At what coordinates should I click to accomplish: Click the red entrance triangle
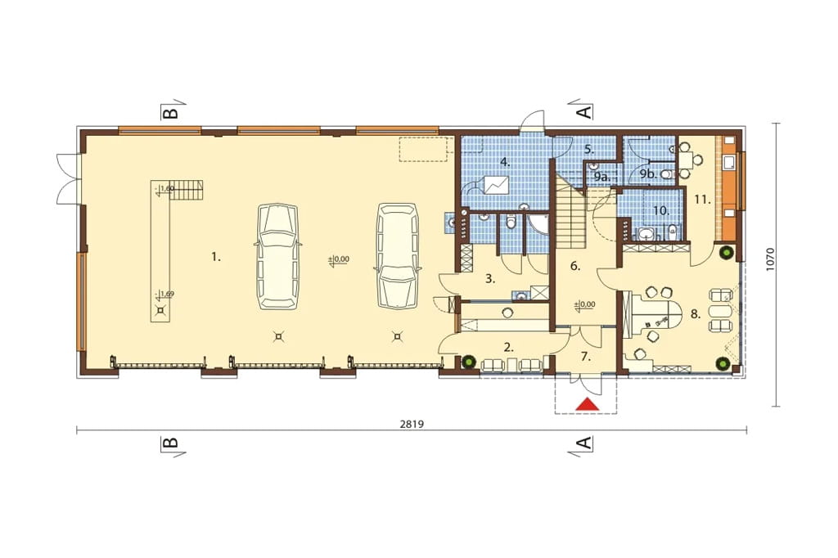(586, 405)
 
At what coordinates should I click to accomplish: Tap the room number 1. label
(215, 257)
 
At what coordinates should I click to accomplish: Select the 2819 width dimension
(412, 425)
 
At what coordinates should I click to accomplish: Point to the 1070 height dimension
(769, 259)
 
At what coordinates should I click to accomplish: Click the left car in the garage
(277, 256)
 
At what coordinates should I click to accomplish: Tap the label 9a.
(601, 177)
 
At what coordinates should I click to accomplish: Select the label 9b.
(648, 173)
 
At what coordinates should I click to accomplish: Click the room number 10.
(661, 211)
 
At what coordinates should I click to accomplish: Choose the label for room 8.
(696, 314)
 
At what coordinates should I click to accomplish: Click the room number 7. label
(586, 357)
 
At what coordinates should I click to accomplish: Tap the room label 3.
(491, 278)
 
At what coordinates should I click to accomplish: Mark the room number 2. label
(509, 348)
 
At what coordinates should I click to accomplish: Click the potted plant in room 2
(469, 361)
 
